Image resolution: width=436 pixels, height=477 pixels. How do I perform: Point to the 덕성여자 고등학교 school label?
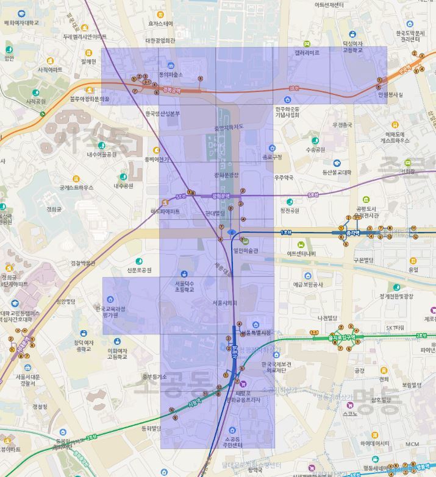[352, 47]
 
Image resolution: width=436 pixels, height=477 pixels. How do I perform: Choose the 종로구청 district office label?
[272, 157]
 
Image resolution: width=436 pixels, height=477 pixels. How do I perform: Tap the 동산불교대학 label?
[337, 172]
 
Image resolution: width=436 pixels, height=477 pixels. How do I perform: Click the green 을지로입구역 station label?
[341, 336]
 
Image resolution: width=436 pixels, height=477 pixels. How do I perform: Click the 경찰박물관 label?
[83, 263]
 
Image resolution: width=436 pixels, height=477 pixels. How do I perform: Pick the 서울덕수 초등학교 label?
[184, 286]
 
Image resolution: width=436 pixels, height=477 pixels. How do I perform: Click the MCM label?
[412, 443]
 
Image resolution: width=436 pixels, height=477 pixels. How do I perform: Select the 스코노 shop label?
[349, 414]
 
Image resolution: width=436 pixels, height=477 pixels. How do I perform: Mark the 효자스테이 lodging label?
[160, 24]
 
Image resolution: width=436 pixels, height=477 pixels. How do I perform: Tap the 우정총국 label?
[342, 125]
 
